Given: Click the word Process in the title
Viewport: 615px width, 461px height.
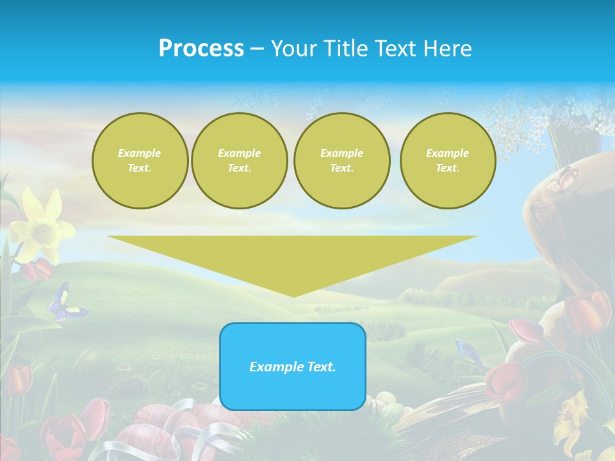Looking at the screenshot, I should point(201,49).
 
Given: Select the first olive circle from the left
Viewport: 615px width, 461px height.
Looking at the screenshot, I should point(140,161).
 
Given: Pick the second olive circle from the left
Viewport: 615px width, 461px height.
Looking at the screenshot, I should point(239,161).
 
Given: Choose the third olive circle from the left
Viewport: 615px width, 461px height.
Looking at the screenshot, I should point(341,161).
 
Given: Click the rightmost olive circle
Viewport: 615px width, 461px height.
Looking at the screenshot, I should point(447,161).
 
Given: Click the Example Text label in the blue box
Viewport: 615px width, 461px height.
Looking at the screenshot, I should point(293,367).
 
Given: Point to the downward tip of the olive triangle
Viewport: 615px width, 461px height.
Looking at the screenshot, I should point(293,295).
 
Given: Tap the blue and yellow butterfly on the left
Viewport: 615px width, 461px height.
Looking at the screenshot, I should point(65,304).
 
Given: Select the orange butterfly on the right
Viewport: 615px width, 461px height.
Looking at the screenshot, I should point(562,179).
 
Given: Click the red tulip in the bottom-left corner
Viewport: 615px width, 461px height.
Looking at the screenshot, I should point(19,378).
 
